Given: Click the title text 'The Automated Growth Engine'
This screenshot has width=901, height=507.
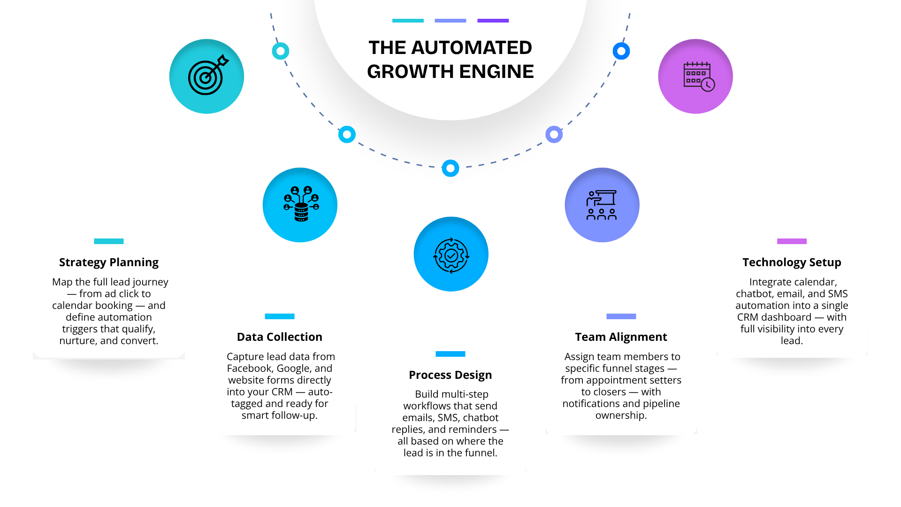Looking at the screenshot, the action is [x=450, y=60].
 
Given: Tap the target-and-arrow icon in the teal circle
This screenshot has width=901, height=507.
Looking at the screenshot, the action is [x=208, y=75].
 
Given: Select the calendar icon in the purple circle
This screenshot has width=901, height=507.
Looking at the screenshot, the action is [x=699, y=77].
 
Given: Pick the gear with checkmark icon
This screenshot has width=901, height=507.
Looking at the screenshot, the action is [x=451, y=255].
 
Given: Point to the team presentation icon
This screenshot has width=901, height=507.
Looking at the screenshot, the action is [x=602, y=205].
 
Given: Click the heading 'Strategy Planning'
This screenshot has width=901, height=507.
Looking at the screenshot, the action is [x=109, y=262].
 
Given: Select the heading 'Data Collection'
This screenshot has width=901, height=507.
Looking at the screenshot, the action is [x=280, y=337].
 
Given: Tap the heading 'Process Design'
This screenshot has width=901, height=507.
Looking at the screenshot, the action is [x=450, y=375].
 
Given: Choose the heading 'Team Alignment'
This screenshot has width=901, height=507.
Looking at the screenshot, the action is [x=621, y=337].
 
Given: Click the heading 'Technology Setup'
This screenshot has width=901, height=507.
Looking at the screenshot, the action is [x=792, y=262].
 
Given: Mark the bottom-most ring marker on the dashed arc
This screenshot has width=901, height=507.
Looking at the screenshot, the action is [x=450, y=168].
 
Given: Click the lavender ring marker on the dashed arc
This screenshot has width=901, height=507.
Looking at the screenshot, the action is [x=554, y=135].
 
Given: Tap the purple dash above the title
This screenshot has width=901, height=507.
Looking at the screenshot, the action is [x=493, y=21].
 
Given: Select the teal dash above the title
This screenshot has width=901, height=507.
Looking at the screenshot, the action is [x=408, y=21].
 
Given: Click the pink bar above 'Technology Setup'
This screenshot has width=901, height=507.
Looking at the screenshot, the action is [x=792, y=241].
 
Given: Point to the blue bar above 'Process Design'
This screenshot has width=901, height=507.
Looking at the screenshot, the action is [x=450, y=354].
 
